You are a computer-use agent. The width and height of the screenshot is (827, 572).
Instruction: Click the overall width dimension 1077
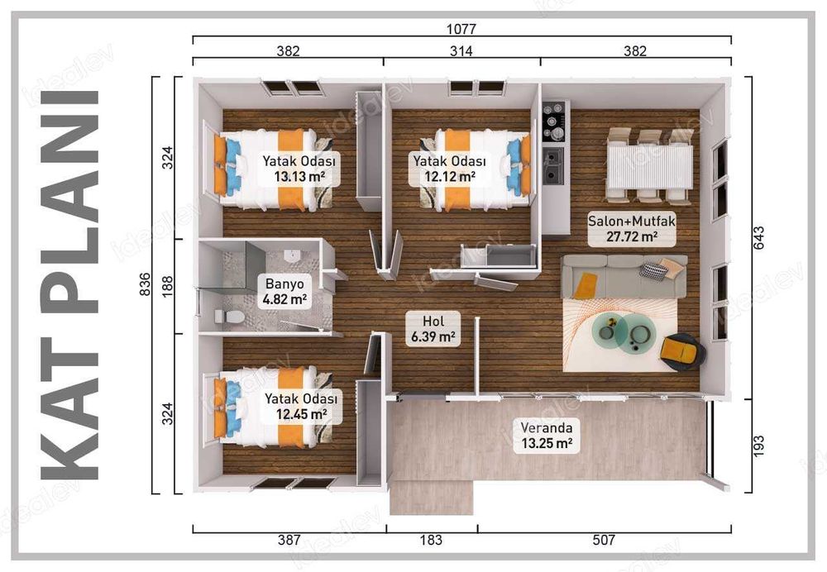[461, 28]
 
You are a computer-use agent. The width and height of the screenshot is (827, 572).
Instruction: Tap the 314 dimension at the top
[461, 51]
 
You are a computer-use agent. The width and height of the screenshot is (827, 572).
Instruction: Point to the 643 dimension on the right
[762, 236]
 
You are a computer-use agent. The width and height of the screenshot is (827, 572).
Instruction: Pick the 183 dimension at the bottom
[431, 540]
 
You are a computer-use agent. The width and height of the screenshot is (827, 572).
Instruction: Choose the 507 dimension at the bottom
[604, 540]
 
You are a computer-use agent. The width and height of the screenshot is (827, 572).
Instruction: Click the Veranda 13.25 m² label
[546, 436]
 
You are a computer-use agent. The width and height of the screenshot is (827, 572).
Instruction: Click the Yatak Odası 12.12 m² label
[450, 169]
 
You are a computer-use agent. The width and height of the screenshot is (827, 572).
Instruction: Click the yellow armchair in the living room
[681, 350]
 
